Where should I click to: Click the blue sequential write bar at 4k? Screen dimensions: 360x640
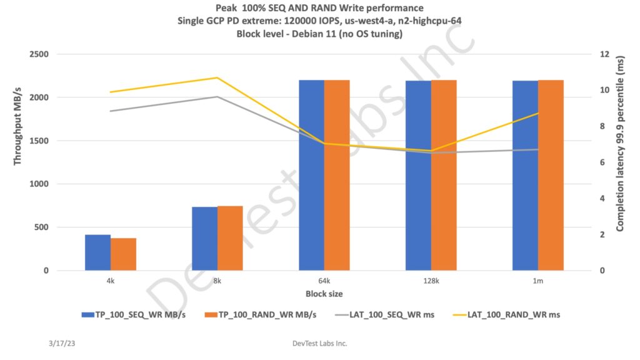pyautogui.click(x=97, y=252)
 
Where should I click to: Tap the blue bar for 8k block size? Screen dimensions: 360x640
pyautogui.click(x=204, y=239)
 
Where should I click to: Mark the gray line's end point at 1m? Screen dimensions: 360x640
pyautogui.click(x=537, y=149)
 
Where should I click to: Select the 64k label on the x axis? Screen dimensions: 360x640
pyautogui.click(x=324, y=281)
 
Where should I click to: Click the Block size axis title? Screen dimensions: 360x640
pyautogui.click(x=324, y=293)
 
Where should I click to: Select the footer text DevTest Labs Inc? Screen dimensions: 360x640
pyautogui.click(x=319, y=344)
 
